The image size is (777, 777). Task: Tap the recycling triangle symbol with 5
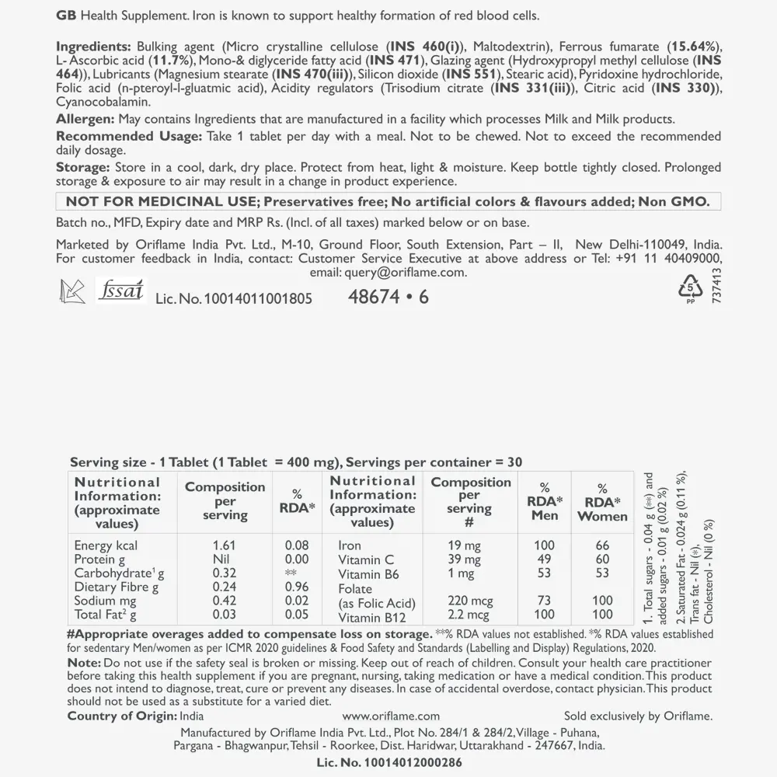pyautogui.click(x=689, y=289)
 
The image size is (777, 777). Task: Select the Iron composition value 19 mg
pyautogui.click(x=464, y=545)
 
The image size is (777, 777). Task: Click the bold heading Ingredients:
pyautogui.click(x=93, y=47)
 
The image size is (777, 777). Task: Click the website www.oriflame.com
pyautogui.click(x=391, y=716)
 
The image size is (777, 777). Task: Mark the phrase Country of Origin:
pyautogui.click(x=122, y=716)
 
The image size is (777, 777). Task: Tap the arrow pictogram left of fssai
pyautogui.click(x=72, y=291)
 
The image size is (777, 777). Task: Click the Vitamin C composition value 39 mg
pyautogui.click(x=465, y=559)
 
